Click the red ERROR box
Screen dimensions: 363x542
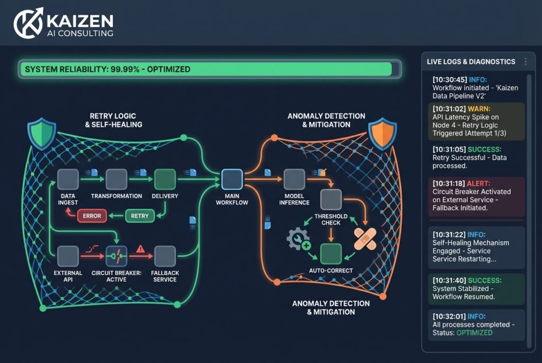[92, 216]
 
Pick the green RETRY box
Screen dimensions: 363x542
[140, 216]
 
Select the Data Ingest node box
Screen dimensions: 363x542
[68, 180]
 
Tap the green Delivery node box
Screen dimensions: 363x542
[164, 180]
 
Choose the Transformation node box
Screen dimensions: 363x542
[116, 180]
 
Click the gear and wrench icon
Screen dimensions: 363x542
[298, 239]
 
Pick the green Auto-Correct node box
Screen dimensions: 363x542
[331, 254]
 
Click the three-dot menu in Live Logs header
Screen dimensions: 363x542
[525, 62]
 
